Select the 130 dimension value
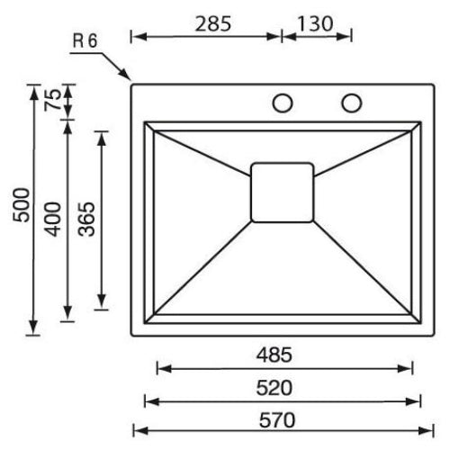[x=316, y=22]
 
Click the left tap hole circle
[x=283, y=102]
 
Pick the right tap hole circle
[x=351, y=102]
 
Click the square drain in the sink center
[x=283, y=192]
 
